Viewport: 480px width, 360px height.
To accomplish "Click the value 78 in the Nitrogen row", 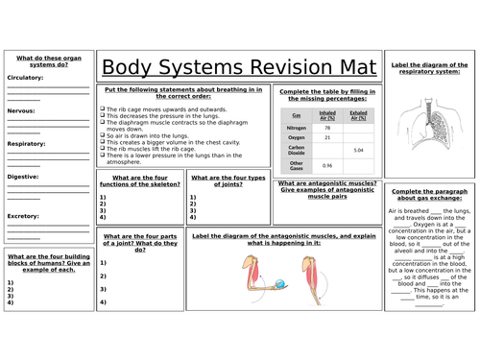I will click(327, 127).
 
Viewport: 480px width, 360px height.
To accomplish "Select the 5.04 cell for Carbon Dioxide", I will click(358, 151).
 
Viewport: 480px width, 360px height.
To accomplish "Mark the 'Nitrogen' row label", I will click(297, 127).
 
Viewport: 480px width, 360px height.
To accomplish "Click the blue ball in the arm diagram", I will click(278, 282).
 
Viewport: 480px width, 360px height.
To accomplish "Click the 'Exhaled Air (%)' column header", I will click(358, 114).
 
